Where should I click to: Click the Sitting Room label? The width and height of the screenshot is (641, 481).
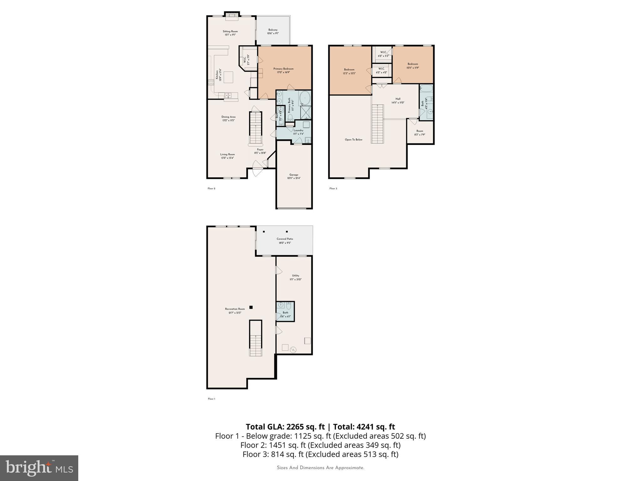[x=230, y=33]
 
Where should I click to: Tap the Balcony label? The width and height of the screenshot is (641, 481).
[x=273, y=31]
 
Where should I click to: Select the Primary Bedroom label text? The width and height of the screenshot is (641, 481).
[x=283, y=70]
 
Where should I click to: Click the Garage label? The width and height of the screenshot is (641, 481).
[x=294, y=176]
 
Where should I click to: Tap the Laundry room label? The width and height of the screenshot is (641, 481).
[x=298, y=132]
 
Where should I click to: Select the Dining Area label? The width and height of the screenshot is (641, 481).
[x=228, y=118]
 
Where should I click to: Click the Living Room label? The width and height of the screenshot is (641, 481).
[x=227, y=156]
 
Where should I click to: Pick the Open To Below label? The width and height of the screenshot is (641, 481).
[x=353, y=140]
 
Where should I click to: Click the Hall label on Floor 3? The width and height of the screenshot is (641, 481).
[x=398, y=101]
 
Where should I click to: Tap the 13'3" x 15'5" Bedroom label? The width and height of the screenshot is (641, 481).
[x=349, y=71]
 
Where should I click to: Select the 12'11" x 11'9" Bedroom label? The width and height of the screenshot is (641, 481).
[x=413, y=65]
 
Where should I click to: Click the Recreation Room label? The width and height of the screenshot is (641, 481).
[x=235, y=311]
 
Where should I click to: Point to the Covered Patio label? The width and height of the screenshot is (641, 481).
[x=285, y=240]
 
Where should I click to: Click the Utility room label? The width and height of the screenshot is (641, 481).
[x=295, y=277]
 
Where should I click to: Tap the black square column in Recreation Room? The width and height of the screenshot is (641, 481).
[x=251, y=307]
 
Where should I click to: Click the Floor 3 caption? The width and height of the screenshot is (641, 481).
[x=333, y=189]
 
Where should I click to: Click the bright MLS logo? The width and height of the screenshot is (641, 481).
[x=39, y=468]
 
